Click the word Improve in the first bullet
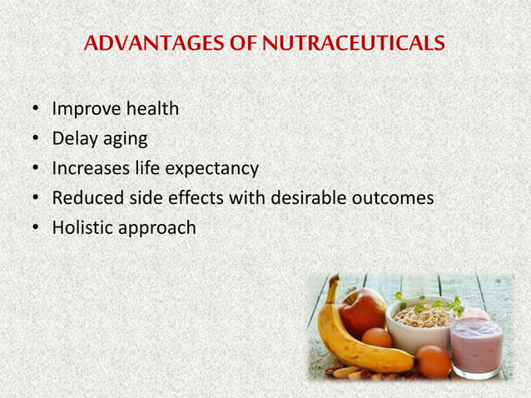click(82, 110)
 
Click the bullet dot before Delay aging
click(36, 140)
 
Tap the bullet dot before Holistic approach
click(36, 227)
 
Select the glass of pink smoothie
click(476, 341)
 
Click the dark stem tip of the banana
click(332, 281)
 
